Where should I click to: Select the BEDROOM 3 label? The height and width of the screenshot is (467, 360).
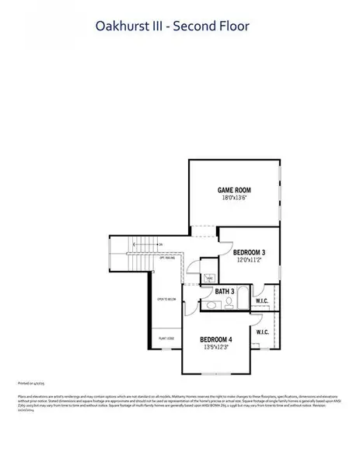(x=249, y=252)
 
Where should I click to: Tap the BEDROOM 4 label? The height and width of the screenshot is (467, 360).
(x=215, y=339)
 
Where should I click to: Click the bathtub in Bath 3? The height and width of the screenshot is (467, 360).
(x=242, y=299)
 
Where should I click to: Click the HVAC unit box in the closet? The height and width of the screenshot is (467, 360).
(x=209, y=277)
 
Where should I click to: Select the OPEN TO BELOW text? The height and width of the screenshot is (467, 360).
(x=165, y=299)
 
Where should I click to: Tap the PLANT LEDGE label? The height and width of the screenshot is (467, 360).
(x=165, y=339)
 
